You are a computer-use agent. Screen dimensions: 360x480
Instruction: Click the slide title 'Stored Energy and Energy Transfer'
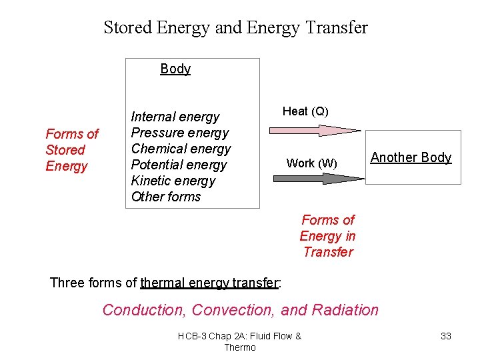coord(235,27)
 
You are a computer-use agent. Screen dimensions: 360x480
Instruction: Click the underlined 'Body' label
coord(175,69)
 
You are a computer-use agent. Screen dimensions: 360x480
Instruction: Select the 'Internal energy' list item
coord(175,117)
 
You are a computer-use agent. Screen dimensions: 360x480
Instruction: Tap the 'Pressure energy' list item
coord(179,133)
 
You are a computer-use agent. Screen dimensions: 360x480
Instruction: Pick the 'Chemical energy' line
coord(181,149)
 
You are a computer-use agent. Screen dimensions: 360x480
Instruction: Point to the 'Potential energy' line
coord(179,165)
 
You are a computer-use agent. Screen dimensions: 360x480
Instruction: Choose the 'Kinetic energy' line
coord(173,181)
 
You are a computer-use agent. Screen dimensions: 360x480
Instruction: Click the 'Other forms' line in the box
coord(165,197)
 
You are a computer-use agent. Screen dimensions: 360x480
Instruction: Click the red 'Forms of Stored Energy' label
coord(71,150)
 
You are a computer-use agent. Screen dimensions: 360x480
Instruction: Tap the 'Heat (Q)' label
coord(305,111)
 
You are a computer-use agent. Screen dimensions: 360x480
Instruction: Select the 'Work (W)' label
coord(311,163)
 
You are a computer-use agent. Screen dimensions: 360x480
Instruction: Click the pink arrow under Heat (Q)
coord(318,131)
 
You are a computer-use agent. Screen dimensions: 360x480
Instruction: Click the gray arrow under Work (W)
coord(318,178)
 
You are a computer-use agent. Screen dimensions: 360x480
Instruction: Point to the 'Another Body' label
coord(411,157)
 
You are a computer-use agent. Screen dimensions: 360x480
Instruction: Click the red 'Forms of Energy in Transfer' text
coord(327,236)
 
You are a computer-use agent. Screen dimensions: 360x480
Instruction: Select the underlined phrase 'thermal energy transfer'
coord(209,283)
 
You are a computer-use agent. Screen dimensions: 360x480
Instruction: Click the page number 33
coord(446,336)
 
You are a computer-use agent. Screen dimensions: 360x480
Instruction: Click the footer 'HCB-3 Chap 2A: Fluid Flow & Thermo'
coord(240,341)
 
